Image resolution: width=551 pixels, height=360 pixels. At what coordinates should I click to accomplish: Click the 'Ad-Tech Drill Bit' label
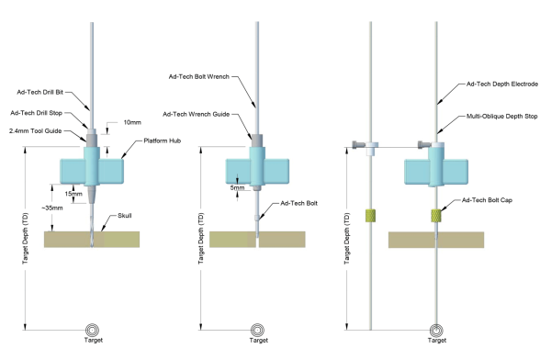40,92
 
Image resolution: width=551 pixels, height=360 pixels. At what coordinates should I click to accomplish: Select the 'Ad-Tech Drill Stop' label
36,113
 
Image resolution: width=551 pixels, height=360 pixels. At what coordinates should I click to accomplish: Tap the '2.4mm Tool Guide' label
36,130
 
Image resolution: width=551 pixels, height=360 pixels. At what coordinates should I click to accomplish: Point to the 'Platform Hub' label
162,141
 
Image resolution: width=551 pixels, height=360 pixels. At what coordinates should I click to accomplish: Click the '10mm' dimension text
132,122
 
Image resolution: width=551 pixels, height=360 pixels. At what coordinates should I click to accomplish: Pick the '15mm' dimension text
73,194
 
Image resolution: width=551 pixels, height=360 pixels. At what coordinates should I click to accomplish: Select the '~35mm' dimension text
52,208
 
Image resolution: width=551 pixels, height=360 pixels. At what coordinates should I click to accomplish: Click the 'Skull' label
125,216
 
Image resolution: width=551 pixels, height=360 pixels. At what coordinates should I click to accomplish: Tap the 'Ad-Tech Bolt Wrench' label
199,76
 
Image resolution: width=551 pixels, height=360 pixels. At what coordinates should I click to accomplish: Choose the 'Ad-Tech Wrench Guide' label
197,114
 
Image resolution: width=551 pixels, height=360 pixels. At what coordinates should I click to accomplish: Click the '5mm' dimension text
237,187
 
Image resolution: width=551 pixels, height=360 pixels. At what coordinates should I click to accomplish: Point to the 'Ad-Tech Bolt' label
298,203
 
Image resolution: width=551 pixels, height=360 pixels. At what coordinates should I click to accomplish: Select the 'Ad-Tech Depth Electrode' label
502,84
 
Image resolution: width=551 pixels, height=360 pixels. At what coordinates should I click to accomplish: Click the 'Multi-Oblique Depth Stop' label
501,116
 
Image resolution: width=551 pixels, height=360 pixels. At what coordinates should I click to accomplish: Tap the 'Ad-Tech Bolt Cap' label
487,200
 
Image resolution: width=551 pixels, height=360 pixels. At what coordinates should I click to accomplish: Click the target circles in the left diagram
93,330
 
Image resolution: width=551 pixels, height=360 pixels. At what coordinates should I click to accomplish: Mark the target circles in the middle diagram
257,330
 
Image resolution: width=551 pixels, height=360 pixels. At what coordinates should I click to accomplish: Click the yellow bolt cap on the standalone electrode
371,216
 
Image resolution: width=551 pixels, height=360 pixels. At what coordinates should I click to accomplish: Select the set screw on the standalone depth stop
359,144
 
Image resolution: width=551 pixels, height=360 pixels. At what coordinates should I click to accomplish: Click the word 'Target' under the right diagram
437,341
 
